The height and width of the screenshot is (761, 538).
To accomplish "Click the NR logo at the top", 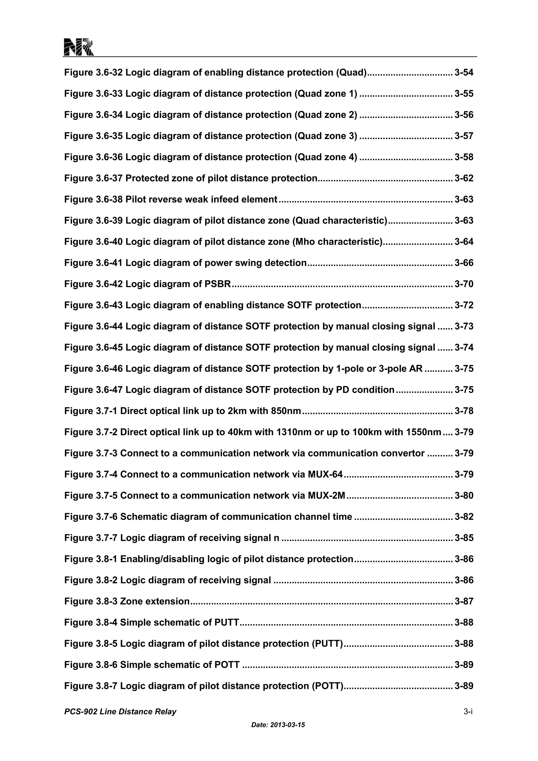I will click(79, 47).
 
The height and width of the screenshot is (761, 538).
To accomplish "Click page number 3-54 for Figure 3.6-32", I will click(464, 73).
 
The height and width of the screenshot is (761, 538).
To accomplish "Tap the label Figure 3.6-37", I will click(94, 178).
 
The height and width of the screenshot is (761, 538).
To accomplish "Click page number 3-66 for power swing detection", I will click(464, 263).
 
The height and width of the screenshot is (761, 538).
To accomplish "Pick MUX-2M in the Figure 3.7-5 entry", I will click(326, 496).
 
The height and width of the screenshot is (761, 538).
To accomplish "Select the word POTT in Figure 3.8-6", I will click(227, 665).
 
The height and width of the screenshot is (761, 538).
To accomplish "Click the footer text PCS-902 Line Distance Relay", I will click(120, 712).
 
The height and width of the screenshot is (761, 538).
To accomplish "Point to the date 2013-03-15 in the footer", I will click(287, 725).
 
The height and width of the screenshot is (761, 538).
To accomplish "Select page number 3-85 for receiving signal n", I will click(464, 538).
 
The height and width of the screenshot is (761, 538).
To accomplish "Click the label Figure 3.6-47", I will click(94, 390).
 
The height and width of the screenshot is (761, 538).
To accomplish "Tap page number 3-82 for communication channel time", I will click(464, 517).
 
